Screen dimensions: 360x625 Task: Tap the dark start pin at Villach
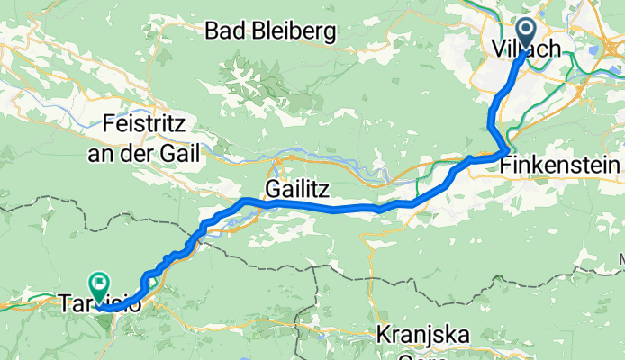524,37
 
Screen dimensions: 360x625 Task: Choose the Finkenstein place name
560,166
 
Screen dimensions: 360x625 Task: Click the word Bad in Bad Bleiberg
224,31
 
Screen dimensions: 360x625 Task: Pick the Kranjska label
422,336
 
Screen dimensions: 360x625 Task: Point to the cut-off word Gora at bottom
422,355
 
